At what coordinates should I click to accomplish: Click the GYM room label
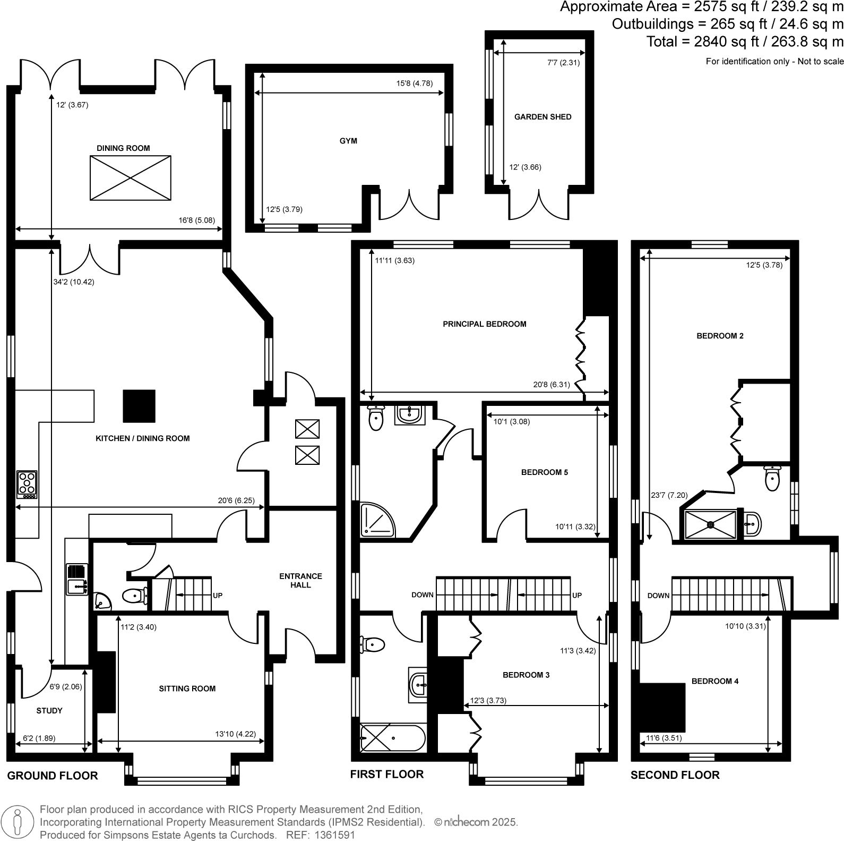tap(348, 141)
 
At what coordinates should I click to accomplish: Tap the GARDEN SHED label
tap(542, 117)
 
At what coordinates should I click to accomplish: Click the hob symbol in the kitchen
tap(27, 484)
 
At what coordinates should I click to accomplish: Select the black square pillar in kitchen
tap(139, 406)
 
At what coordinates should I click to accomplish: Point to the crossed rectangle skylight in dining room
tap(131, 178)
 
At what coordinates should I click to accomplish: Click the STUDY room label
tap(49, 710)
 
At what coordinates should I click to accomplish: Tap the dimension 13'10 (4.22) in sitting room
tap(235, 734)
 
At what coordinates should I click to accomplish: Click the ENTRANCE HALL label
tap(300, 580)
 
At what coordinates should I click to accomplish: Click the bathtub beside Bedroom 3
tap(393, 738)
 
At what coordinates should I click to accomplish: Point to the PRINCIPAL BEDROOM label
tap(484, 324)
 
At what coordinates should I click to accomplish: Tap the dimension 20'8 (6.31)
tap(551, 384)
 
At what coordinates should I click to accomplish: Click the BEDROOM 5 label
tap(544, 472)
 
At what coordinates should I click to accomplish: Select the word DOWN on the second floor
tap(658, 596)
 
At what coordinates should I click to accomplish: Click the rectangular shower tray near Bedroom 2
tap(710, 524)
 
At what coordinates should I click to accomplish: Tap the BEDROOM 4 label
tap(714, 681)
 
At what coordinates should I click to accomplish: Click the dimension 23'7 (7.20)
tap(669, 495)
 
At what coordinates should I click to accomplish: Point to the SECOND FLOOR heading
tap(675, 775)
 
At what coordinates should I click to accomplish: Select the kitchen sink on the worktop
tap(77, 587)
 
